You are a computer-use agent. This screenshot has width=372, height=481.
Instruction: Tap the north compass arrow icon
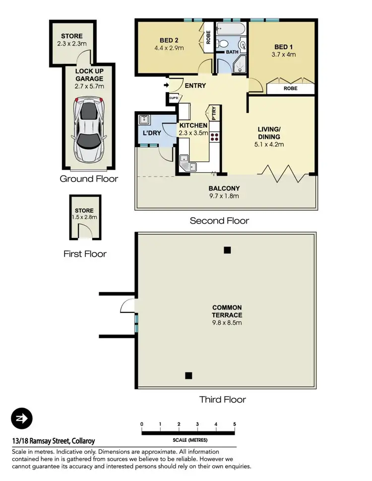tap(22, 418)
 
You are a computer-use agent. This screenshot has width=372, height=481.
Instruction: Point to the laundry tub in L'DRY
tap(144, 119)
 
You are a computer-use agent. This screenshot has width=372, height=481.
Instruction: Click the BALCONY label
tap(224, 188)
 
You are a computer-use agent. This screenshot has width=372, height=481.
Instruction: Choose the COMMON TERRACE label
tap(227, 311)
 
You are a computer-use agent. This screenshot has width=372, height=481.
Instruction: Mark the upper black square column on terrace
tap(227, 250)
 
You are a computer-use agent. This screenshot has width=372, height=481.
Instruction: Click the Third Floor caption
tap(222, 399)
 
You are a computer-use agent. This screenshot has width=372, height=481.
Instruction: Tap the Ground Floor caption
tap(89, 179)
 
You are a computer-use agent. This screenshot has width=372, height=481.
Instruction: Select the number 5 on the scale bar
tap(234, 424)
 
